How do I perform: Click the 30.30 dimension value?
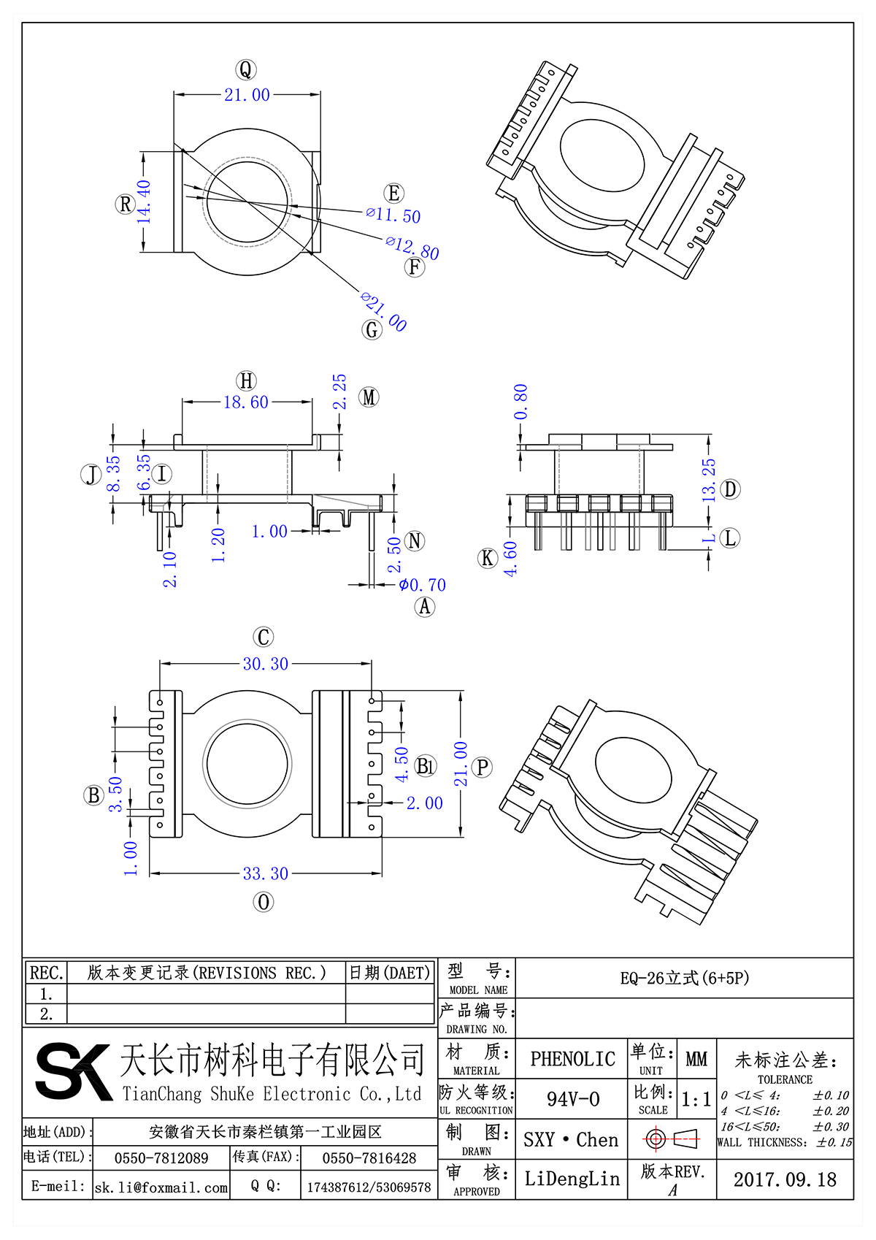[265, 664]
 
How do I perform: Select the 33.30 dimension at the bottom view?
[265, 873]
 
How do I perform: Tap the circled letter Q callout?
[245, 70]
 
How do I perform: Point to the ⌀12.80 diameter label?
[412, 247]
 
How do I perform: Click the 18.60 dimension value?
[246, 402]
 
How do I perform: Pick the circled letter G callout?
[372, 330]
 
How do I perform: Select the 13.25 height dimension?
[709, 480]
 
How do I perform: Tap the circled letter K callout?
[487, 559]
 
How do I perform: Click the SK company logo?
[73, 1071]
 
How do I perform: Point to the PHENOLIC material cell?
[572, 1059]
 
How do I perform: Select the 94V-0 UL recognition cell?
[572, 1099]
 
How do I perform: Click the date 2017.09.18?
[785, 1179]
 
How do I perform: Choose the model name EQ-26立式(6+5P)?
[684, 978]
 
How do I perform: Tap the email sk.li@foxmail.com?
[161, 1187]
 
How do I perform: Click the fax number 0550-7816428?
[369, 1158]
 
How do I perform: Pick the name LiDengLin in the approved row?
[572, 1179]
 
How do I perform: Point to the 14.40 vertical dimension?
[144, 202]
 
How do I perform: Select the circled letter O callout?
[264, 902]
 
